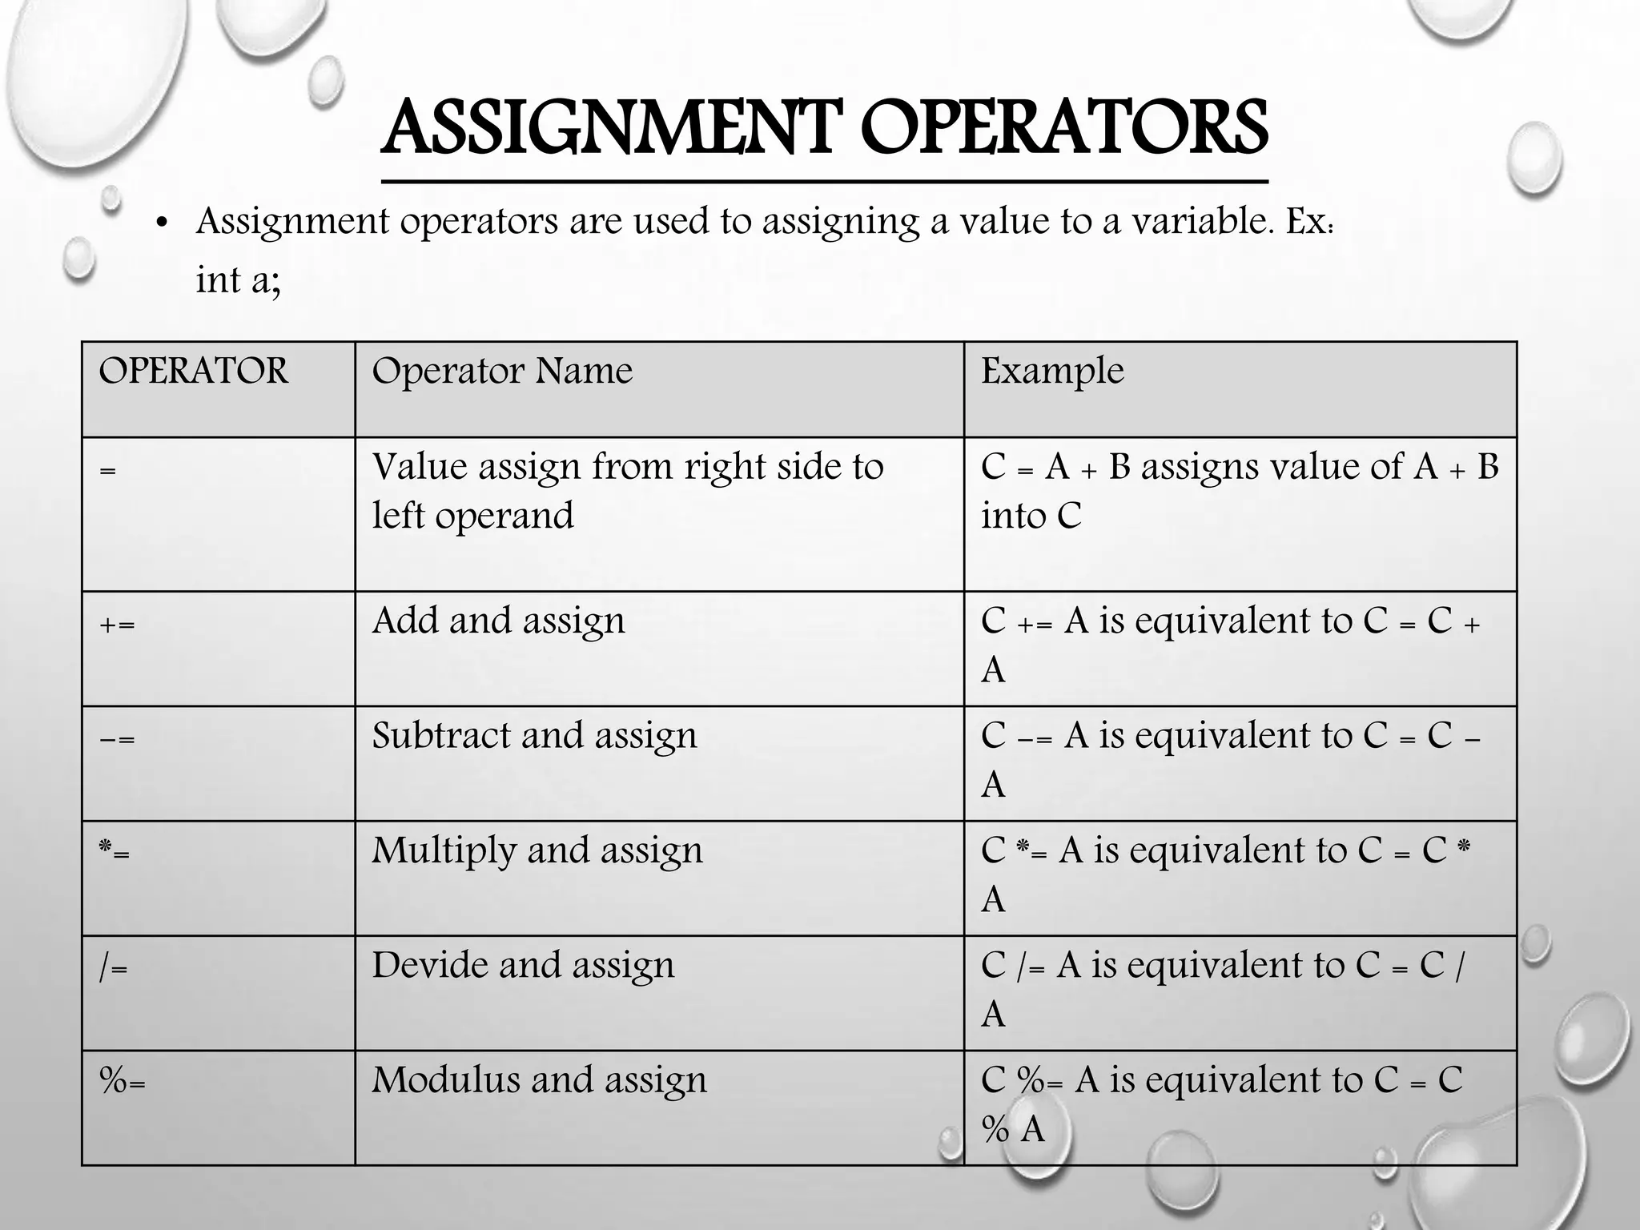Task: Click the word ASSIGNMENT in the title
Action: pyautogui.click(x=609, y=128)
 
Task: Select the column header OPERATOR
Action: pyautogui.click(x=193, y=372)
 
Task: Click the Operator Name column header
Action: pyautogui.click(x=502, y=372)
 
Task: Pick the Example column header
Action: pyautogui.click(x=1052, y=372)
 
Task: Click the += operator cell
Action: pyautogui.click(x=117, y=624)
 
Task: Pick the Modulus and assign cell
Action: pyautogui.click(x=539, y=1080)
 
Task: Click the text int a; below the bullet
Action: pyautogui.click(x=238, y=280)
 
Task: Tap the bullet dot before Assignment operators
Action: pyautogui.click(x=163, y=223)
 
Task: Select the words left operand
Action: pyautogui.click(x=472, y=516)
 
